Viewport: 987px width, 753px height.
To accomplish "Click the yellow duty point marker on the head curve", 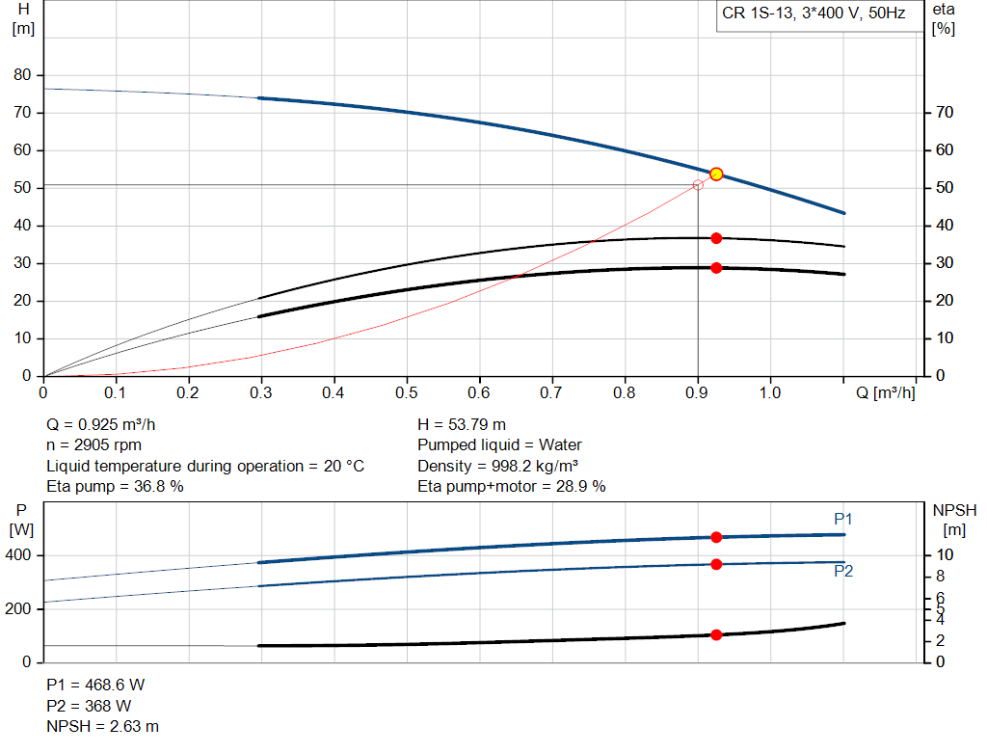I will click(x=716, y=175).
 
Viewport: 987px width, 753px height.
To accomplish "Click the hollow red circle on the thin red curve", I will click(x=698, y=184).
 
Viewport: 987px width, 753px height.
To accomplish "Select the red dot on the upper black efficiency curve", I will click(x=716, y=238).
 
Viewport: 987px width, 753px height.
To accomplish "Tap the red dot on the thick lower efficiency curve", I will click(x=716, y=268).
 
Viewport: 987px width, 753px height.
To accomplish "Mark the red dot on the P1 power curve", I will click(x=716, y=537).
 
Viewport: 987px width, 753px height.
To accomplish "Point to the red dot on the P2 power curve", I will click(x=716, y=564).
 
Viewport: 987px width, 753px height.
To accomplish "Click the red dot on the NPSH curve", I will click(x=716, y=634).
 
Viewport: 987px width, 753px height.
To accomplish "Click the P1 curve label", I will click(x=843, y=520).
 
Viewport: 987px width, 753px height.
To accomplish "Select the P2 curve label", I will click(x=843, y=571).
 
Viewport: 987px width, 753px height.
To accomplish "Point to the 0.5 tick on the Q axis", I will click(x=407, y=393).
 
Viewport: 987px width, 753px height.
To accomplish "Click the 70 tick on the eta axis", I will click(x=946, y=113).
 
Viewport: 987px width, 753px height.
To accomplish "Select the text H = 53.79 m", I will click(x=462, y=424).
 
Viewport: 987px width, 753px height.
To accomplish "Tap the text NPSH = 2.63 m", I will click(x=103, y=726).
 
